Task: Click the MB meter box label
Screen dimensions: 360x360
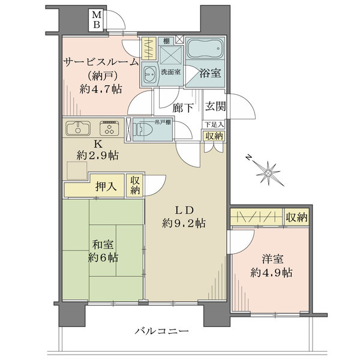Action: [x=96, y=20]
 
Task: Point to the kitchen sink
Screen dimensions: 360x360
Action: [x=77, y=128]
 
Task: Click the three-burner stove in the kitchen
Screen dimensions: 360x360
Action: [x=109, y=128]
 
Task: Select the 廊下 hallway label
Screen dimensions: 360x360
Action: [x=182, y=109]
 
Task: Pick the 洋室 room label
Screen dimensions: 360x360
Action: [x=271, y=259]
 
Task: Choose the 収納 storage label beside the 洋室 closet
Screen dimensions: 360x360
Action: [x=295, y=217]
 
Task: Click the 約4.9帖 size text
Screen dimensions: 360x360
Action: [x=271, y=272]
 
